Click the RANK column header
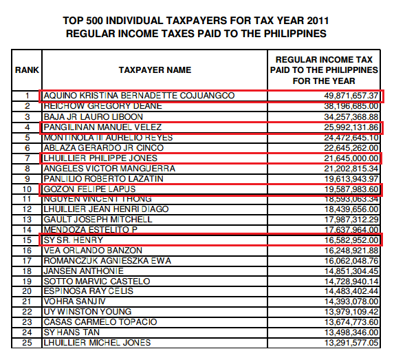(27, 70)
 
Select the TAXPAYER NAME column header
(155, 70)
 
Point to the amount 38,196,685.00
(350, 106)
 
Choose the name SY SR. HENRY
(74, 240)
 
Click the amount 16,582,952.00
(350, 240)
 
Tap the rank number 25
(28, 343)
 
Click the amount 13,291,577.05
(350, 343)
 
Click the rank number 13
(28, 219)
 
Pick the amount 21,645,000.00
(350, 158)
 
